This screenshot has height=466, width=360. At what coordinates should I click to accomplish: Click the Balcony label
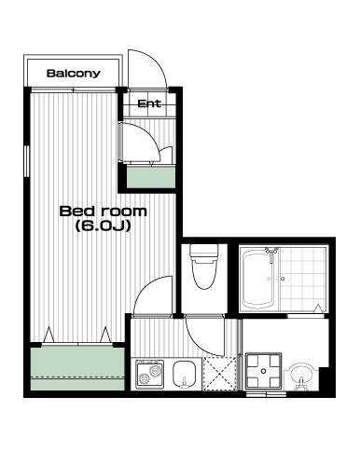[74, 74]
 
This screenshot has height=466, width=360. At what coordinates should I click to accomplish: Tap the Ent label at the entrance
[149, 103]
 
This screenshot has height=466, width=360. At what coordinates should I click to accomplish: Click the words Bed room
[103, 212]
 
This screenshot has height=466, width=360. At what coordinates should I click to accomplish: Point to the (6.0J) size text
[103, 226]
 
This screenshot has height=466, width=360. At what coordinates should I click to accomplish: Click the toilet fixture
[204, 267]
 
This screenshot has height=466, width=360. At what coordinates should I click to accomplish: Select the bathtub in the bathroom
[258, 280]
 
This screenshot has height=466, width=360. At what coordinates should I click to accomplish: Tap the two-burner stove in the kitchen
[149, 375]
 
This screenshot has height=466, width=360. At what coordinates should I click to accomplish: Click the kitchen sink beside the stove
[184, 375]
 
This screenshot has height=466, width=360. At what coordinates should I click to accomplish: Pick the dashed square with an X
[219, 374]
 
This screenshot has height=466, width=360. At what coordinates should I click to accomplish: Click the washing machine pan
[264, 371]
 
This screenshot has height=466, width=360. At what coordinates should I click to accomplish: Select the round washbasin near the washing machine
[300, 376]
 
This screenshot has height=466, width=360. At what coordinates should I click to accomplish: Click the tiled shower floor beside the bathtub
[303, 280]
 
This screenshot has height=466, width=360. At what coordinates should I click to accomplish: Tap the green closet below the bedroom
[77, 368]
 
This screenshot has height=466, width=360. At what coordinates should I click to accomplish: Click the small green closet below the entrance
[151, 177]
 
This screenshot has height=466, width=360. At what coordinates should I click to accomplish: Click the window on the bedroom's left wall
[27, 161]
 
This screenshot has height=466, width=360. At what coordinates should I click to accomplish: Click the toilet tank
[204, 251]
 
